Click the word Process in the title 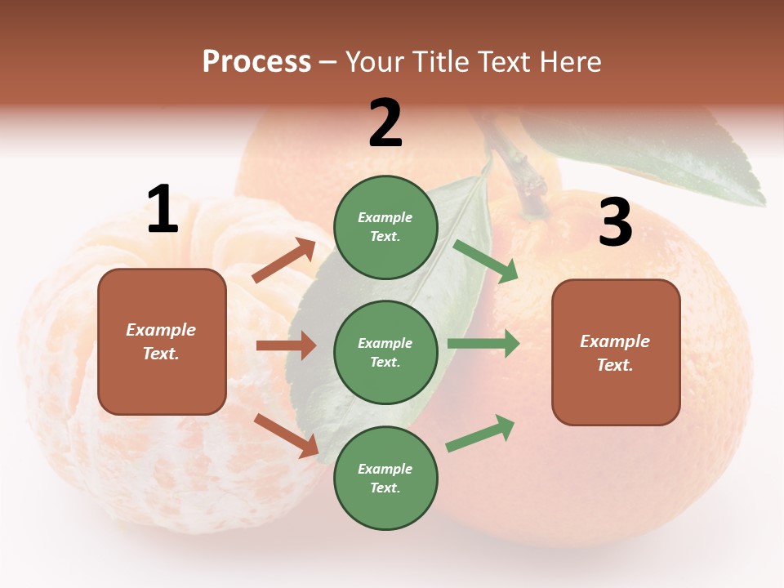(256, 62)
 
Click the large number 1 (163, 209)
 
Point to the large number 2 (385, 122)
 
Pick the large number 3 (615, 222)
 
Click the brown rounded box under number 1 (162, 341)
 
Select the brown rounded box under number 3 (616, 352)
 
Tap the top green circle (385, 227)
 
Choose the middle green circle (385, 352)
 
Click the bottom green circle (385, 478)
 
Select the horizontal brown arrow (286, 345)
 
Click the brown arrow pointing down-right (286, 434)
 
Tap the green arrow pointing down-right (486, 261)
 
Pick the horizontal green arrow (483, 344)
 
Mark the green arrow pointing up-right (481, 433)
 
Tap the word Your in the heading (375, 62)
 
